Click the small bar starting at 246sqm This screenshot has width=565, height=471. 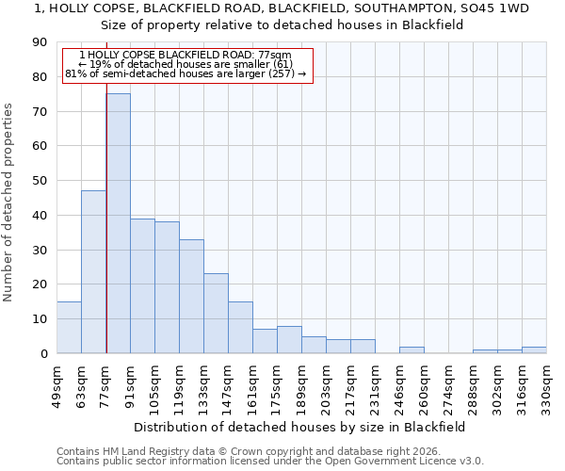pos(412,349)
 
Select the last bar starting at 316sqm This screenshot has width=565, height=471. pos(534,349)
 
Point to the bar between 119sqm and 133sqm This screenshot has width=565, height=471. pos(191,296)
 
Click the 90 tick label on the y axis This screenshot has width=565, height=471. pos(40,42)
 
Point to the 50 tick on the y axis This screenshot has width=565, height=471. pos(40,181)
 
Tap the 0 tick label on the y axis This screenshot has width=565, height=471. pos(44,353)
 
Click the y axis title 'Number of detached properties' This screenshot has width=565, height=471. pos(8,203)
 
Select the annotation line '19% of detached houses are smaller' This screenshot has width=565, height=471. pos(186,64)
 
